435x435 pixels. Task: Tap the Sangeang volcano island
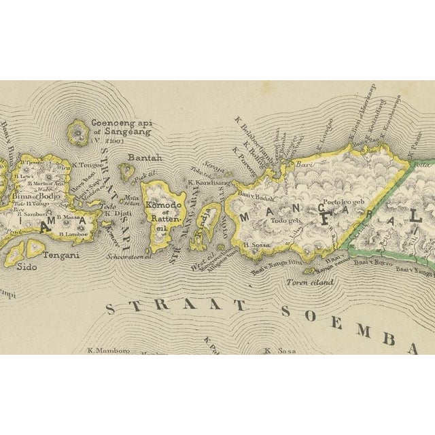point(80,133)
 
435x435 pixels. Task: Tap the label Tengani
point(62,256)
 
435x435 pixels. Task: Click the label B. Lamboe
point(71,234)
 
